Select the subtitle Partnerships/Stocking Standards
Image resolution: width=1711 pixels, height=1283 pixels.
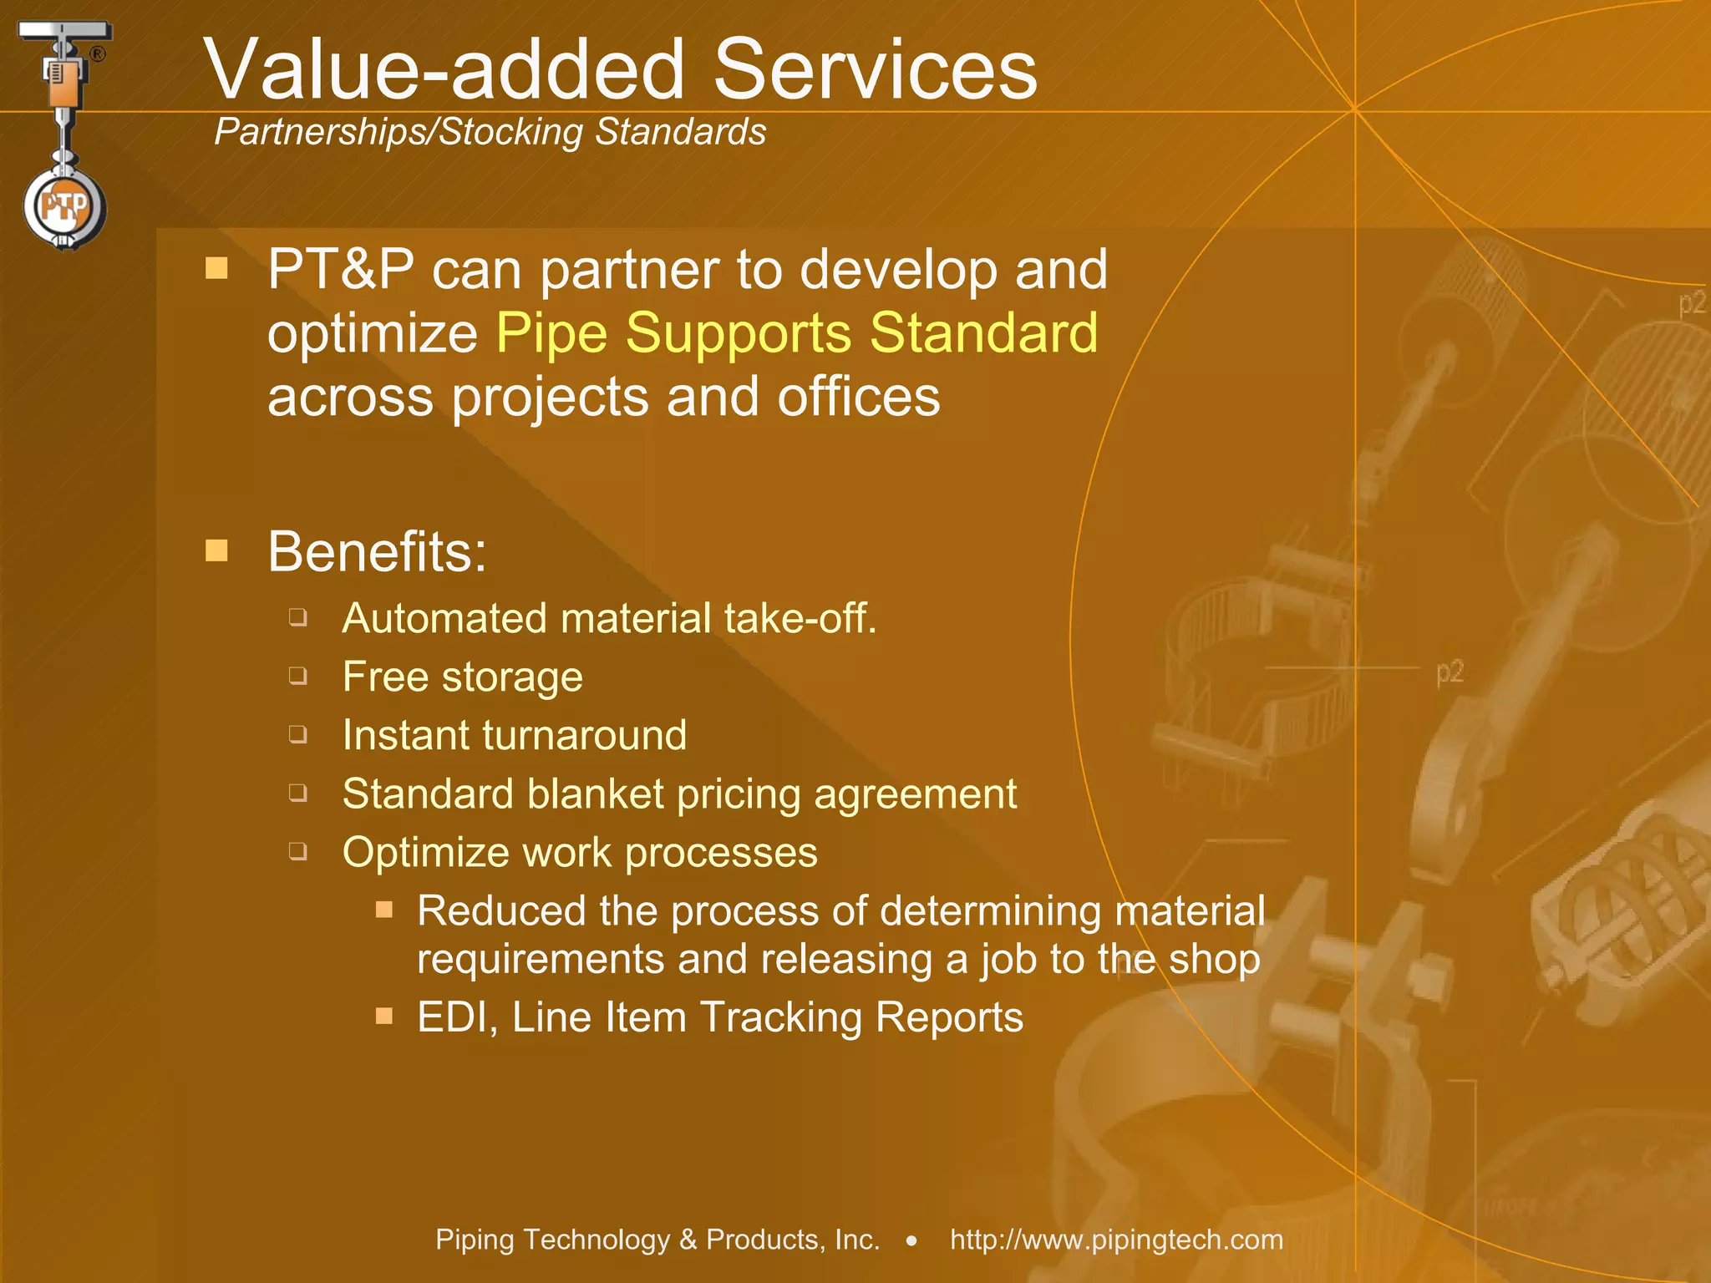click(x=490, y=132)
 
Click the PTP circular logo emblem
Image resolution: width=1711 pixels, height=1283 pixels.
click(x=65, y=206)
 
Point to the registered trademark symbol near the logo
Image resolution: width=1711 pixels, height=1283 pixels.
click(x=98, y=55)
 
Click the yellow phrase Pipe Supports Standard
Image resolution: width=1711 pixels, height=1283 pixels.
click(x=797, y=332)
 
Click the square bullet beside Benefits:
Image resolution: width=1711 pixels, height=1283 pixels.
click(x=217, y=550)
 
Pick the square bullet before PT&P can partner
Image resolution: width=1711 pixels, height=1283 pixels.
click(x=217, y=268)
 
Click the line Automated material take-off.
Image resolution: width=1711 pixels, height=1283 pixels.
click(x=609, y=619)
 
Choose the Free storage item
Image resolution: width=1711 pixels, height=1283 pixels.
click(x=462, y=677)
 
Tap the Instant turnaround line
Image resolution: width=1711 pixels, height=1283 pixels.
click(x=514, y=735)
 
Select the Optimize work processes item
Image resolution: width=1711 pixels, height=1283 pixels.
click(x=579, y=852)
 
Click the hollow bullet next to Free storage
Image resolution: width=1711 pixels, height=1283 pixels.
click(x=298, y=676)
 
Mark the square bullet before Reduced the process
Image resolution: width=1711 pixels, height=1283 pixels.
click(x=384, y=910)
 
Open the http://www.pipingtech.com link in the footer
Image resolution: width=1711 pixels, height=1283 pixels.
click(x=1116, y=1240)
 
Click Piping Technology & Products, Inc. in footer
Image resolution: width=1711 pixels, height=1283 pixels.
click(x=657, y=1240)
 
